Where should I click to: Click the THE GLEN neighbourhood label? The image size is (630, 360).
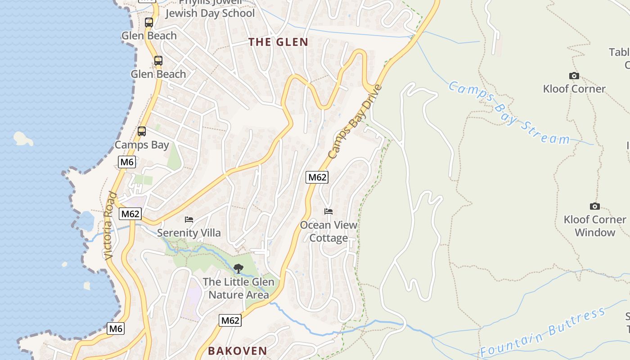click(x=279, y=42)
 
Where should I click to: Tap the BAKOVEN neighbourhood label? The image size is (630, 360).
click(x=238, y=351)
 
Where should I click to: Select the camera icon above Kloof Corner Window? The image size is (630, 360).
click(x=594, y=206)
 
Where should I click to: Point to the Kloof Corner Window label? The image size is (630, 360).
click(x=594, y=226)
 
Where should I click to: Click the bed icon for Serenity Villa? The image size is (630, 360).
click(x=189, y=220)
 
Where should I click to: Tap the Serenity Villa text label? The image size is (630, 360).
click(x=189, y=233)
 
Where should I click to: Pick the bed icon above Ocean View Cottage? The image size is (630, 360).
click(x=328, y=211)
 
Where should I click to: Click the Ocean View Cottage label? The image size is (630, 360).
click(x=328, y=231)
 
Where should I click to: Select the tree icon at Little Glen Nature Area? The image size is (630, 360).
click(x=238, y=269)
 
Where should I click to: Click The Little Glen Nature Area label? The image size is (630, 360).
click(x=238, y=288)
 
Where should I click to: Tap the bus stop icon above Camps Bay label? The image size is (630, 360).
click(x=142, y=131)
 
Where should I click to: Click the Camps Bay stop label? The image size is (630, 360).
click(x=142, y=145)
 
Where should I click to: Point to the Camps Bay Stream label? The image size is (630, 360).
click(x=508, y=113)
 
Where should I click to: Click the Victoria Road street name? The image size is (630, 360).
click(x=110, y=226)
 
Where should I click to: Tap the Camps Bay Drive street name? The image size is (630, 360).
click(x=355, y=121)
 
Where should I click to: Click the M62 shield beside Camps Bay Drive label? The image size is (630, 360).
click(x=317, y=177)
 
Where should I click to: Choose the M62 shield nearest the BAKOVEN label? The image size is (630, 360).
click(x=230, y=320)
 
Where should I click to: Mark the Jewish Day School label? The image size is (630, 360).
click(x=210, y=13)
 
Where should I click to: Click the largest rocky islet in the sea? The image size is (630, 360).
click(x=23, y=139)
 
